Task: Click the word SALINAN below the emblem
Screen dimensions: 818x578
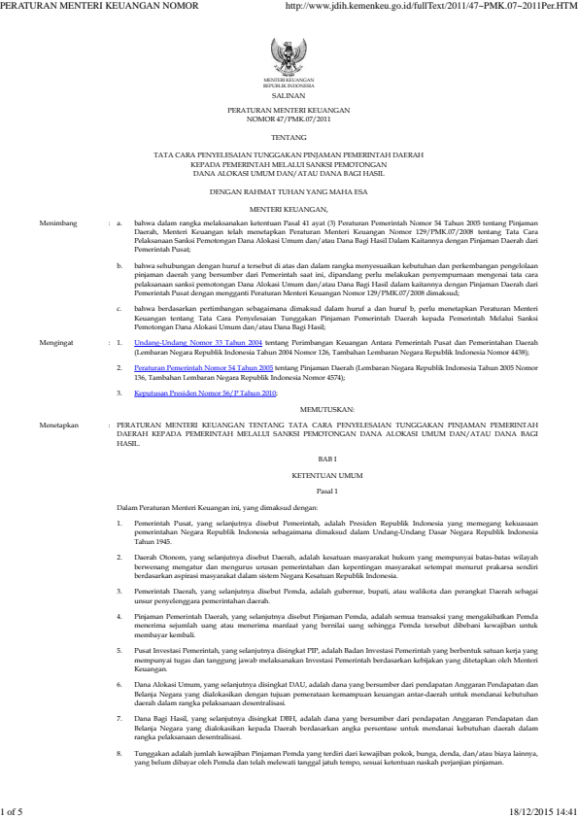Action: pyautogui.click(x=289, y=98)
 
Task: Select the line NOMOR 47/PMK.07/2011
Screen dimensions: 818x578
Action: pyautogui.click(x=289, y=121)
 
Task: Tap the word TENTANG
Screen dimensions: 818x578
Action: pyautogui.click(x=289, y=138)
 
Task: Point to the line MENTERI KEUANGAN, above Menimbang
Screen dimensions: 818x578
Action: pyautogui.click(x=289, y=209)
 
